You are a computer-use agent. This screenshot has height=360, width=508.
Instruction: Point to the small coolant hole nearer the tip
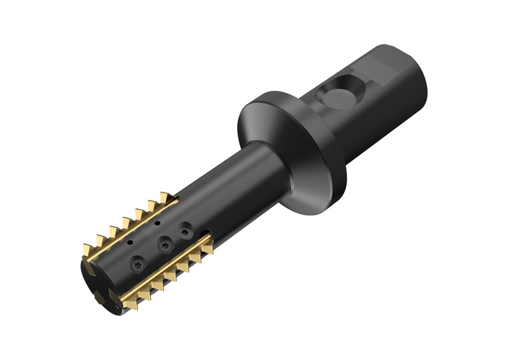coord(130,242)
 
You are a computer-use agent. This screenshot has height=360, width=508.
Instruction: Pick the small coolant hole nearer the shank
coord(157,224)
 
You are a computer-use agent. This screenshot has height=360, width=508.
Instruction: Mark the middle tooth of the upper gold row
coord(127,223)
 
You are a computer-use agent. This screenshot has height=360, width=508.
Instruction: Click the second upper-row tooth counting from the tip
coord(100,240)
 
